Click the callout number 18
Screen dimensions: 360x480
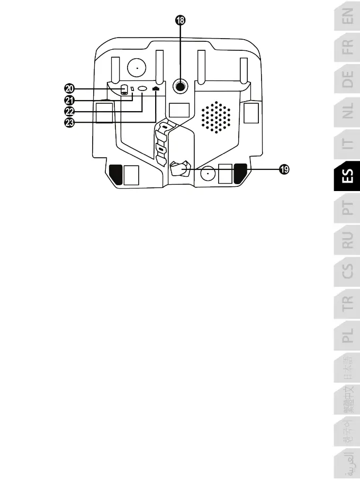click(180, 21)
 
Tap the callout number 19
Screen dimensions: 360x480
click(285, 169)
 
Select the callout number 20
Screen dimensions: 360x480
click(70, 88)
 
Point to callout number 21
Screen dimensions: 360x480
click(70, 100)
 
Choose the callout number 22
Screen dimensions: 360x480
click(70, 111)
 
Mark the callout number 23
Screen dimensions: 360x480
click(70, 122)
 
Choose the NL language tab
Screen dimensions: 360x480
click(348, 112)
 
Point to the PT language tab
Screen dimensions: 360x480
click(348, 207)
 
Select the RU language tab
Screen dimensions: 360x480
click(348, 240)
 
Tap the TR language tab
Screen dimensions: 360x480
click(348, 303)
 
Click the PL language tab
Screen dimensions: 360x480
click(348, 336)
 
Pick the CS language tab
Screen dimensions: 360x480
click(348, 271)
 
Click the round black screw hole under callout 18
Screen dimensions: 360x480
click(181, 86)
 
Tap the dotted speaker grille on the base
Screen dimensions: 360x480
click(216, 117)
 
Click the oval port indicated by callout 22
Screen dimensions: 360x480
click(142, 89)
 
